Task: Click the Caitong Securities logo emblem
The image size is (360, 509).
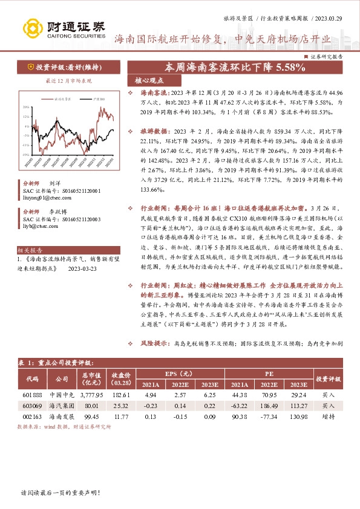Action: [x=31, y=27]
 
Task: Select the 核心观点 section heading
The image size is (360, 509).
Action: [x=146, y=80]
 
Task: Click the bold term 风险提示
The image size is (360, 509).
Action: [x=153, y=343]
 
